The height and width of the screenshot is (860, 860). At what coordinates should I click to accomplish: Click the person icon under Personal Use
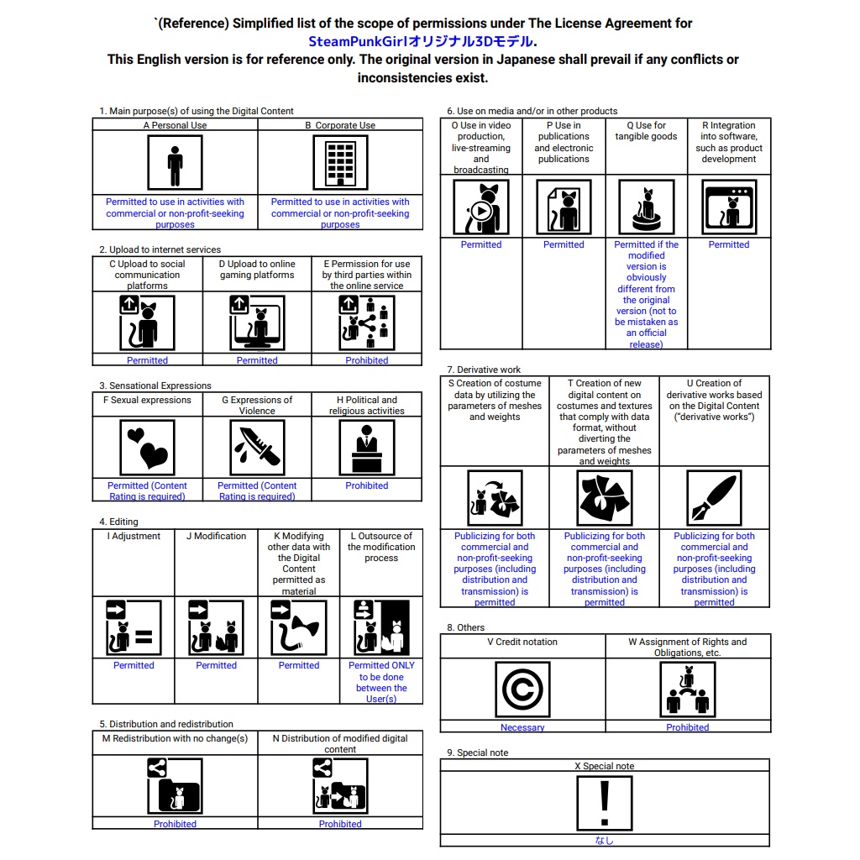point(175,163)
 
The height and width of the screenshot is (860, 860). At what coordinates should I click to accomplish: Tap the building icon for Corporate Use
point(340,163)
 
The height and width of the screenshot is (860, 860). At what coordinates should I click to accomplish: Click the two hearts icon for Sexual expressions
point(147,448)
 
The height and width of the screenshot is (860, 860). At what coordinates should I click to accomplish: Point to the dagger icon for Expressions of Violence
point(257,448)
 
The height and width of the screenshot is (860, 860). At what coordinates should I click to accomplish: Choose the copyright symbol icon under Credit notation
point(522,690)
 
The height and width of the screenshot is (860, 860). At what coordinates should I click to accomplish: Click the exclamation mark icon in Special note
point(605,804)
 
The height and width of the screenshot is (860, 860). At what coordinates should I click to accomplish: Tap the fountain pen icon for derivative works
point(714,498)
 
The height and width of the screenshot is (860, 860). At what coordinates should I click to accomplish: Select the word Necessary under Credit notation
point(522,727)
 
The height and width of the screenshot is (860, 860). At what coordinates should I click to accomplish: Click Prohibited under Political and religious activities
point(366,485)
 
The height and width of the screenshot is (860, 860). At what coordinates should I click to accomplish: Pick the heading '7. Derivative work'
point(484,370)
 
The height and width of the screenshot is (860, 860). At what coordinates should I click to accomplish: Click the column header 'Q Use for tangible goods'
point(646,131)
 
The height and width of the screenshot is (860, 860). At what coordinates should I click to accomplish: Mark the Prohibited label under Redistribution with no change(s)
point(175,824)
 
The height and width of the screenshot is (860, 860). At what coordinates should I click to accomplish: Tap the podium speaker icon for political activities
point(367,448)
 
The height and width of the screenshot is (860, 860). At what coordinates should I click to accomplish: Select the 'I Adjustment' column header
point(134,536)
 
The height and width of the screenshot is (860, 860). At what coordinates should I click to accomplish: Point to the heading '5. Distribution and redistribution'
point(166,724)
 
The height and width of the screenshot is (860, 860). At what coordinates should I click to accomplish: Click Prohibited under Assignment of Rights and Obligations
point(687,727)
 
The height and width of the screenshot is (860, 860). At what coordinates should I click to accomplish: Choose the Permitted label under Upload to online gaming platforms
point(257,360)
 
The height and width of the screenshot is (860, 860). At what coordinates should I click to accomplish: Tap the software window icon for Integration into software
point(729,207)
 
